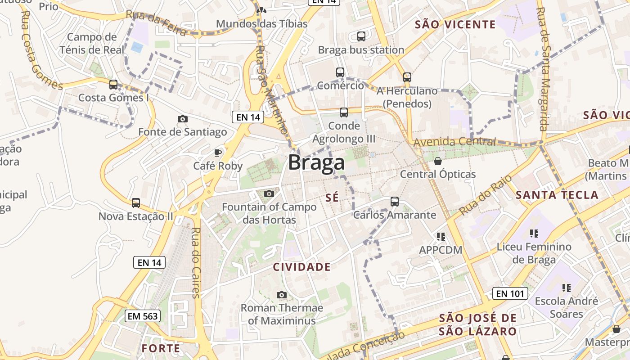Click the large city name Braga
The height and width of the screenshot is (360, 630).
coord(316,163)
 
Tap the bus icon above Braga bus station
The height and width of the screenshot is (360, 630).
coord(361,36)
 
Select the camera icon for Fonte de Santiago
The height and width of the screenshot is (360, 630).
coord(183,119)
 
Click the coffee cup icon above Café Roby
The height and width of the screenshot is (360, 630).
coord(218,153)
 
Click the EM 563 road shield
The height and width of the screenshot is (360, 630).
coord(143,316)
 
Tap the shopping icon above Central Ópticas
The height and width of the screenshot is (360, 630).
coord(438,161)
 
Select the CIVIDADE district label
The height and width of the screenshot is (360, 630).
coord(302,267)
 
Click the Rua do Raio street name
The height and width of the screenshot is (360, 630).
coord(486,195)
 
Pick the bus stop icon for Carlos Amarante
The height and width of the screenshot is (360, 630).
coord(395,201)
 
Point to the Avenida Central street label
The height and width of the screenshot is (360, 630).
coord(454,142)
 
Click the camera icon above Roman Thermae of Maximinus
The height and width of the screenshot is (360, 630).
coord(282,295)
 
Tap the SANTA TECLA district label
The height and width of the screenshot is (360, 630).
coord(557,195)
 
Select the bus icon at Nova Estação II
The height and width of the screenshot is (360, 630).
coord(136,203)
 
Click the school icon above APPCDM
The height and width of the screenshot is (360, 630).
coord(441,236)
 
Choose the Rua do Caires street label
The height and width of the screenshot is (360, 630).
coord(196,263)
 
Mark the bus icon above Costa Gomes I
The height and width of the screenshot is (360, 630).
coord(113,84)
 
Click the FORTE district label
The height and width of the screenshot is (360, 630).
coord(161,348)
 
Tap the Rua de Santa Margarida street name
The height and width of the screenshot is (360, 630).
coord(544,69)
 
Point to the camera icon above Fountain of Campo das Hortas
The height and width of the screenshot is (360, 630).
coord(269,194)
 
